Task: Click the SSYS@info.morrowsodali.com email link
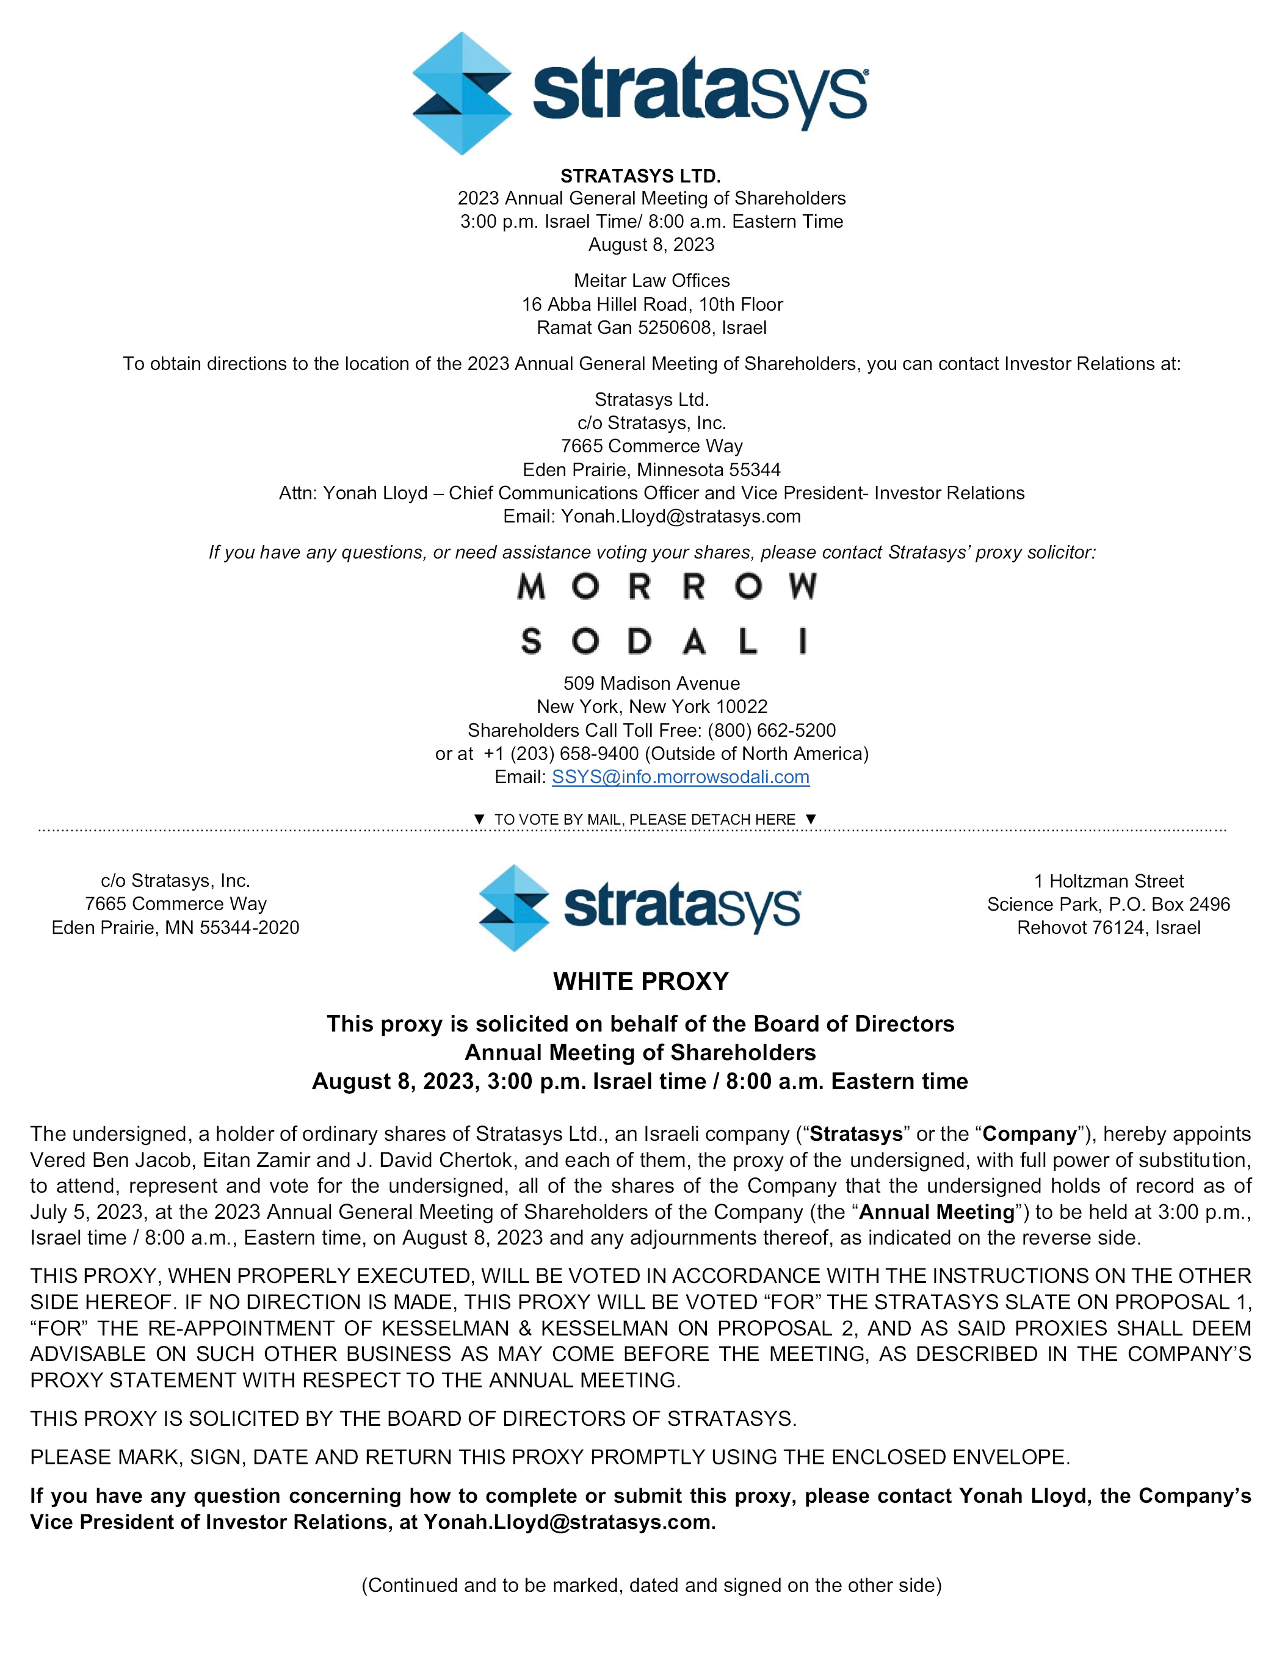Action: tap(680, 776)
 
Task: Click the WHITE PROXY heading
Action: tap(640, 981)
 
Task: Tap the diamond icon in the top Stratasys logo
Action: tap(462, 93)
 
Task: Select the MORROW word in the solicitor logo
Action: tap(667, 587)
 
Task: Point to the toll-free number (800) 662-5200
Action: tap(771, 730)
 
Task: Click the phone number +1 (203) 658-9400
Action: tap(561, 754)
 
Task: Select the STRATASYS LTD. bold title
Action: tap(640, 176)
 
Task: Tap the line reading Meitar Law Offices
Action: tap(651, 280)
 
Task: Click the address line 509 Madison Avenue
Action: tap(651, 683)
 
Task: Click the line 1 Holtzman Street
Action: tap(1108, 881)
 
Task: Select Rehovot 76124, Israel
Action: tap(1108, 928)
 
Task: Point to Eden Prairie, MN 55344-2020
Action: tap(176, 928)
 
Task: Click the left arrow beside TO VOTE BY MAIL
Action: tap(479, 819)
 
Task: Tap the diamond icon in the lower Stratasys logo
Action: tap(515, 908)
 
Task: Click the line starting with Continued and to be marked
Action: tap(651, 1585)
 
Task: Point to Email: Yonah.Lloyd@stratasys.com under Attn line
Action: tap(651, 516)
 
